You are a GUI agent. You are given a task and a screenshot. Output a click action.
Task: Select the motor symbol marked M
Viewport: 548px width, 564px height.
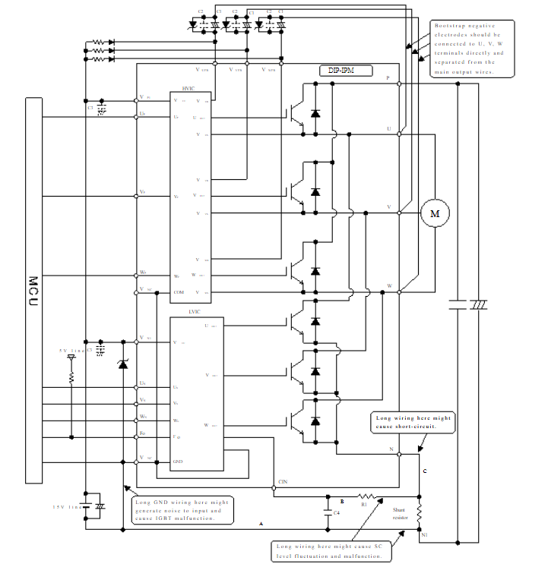(436, 214)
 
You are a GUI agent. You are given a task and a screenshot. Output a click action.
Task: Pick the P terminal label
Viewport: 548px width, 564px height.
(388, 78)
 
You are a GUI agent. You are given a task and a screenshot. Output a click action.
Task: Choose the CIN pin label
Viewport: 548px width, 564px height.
(283, 482)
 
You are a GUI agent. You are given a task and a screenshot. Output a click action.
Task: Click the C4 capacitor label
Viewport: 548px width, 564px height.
(337, 514)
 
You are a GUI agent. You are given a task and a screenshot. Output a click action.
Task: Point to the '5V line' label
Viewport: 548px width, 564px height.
(70, 351)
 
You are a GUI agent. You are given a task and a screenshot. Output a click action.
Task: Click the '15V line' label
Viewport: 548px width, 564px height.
(66, 506)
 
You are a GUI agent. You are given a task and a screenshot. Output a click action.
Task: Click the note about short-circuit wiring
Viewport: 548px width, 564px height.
(413, 422)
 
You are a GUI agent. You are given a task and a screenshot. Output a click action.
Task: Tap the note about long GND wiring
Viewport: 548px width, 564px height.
(182, 510)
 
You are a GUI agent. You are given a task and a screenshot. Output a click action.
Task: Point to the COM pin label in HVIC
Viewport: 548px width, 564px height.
(179, 292)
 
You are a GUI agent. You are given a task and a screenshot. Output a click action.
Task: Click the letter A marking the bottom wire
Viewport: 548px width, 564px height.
(261, 524)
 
